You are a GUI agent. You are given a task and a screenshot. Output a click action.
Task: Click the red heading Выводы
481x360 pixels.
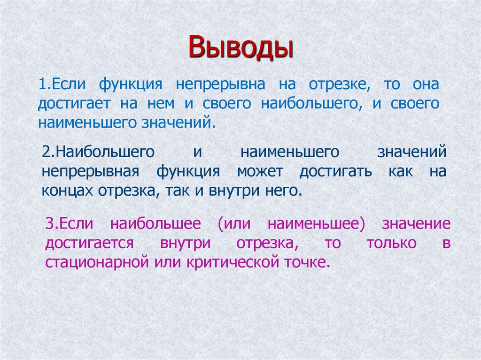[240, 48]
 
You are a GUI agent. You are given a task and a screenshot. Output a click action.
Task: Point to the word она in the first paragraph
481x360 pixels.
[426, 85]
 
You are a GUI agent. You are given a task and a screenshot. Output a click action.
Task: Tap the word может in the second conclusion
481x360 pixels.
[260, 171]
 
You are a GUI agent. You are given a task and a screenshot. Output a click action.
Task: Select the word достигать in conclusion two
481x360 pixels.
[335, 171]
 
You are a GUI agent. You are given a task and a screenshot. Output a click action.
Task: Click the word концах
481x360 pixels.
[68, 191]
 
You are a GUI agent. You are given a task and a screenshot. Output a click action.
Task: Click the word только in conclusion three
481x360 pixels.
[385, 243]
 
